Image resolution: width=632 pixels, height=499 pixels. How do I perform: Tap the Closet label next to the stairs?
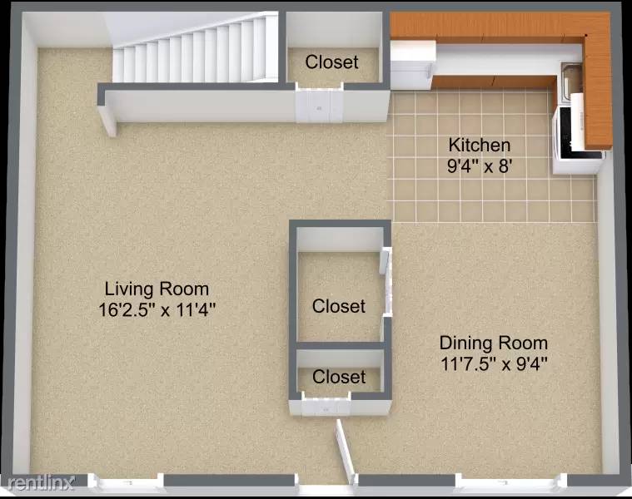331,62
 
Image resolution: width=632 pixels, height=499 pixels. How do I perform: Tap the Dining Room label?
494,343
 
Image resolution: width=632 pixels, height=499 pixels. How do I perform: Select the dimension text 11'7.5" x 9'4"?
494,363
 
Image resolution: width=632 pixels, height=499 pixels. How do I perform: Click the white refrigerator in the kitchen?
412,65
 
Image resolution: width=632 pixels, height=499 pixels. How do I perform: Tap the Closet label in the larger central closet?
339,306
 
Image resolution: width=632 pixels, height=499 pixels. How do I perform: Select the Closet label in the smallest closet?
339,377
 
